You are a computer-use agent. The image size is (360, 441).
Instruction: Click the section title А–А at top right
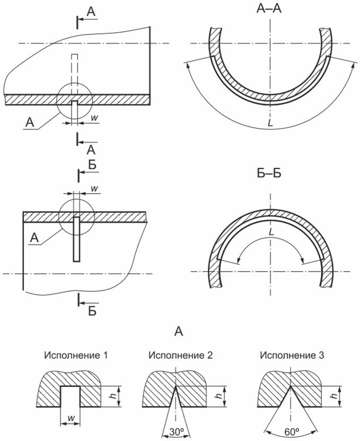pos(269,8)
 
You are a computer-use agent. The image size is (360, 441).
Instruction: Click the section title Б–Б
pos(269,174)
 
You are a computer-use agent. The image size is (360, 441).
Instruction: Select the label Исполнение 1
pos(76,355)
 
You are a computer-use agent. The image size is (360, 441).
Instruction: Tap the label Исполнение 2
pos(181,355)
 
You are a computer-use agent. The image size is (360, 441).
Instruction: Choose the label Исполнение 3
pos(292,355)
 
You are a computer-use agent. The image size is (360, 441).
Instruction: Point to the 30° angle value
pos(176,433)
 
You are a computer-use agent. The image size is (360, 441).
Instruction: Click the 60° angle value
pos(292,430)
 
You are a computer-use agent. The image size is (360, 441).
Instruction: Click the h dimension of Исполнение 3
pos(334,396)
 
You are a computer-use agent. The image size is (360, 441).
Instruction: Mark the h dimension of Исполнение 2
pos(219,396)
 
